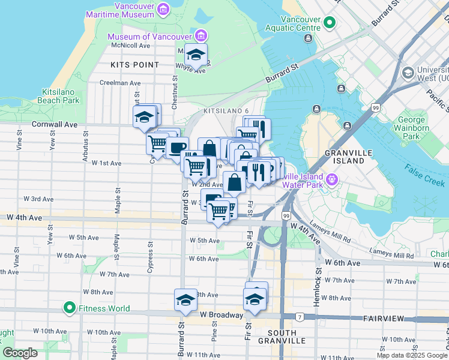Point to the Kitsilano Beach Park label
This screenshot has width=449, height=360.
point(60,96)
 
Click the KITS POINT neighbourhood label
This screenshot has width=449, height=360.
point(134,64)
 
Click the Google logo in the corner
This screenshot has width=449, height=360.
point(20,353)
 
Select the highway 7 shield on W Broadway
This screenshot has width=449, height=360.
point(298,316)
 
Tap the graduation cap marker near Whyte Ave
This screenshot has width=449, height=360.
point(196,56)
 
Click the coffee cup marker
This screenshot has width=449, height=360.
point(177,148)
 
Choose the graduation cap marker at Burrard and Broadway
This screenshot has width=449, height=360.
point(185,300)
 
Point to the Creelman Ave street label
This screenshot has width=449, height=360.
point(120,83)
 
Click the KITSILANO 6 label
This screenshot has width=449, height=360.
point(226,112)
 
